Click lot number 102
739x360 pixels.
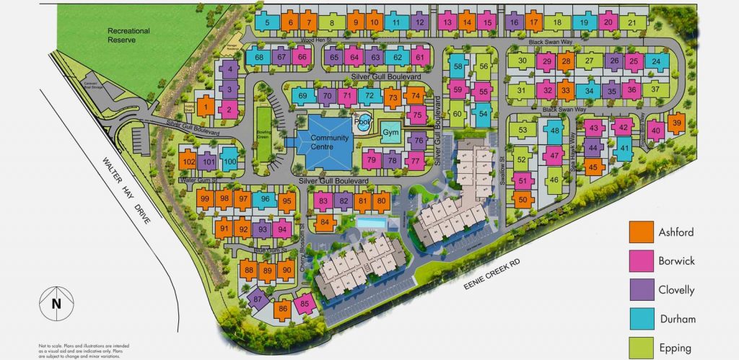(x=188, y=162)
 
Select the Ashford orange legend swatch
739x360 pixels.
(x=639, y=232)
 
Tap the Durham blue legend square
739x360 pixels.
(x=639, y=317)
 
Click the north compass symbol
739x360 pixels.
(x=55, y=304)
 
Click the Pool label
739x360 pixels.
(x=361, y=122)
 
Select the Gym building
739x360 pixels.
(x=390, y=133)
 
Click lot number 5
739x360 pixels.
(x=267, y=23)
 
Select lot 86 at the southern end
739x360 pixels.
(x=283, y=309)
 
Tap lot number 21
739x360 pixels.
(x=632, y=23)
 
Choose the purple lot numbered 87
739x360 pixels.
(x=258, y=299)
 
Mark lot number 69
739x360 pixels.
(x=302, y=96)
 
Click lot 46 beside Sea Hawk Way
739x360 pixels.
(x=554, y=180)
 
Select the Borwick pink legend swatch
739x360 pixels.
(x=639, y=260)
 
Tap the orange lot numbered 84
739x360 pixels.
(x=325, y=222)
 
